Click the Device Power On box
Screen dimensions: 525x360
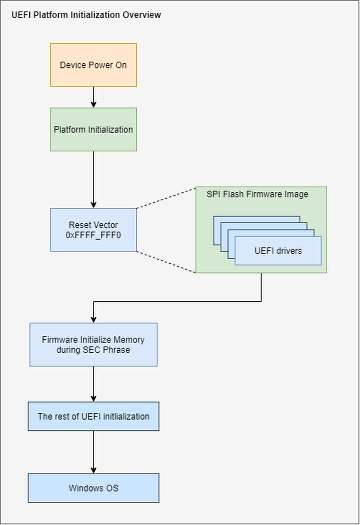93,65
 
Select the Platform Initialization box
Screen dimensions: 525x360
93,130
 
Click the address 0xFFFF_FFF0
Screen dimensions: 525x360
93,235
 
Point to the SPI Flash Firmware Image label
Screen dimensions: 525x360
257,194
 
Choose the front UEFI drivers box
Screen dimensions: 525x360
278,251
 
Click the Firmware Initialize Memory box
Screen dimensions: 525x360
93,345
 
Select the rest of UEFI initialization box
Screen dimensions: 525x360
93,417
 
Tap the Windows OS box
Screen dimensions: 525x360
93,488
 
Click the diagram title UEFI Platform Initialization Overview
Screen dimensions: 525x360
86,15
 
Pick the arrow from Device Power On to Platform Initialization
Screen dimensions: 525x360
93,97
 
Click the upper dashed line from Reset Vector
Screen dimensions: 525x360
166,197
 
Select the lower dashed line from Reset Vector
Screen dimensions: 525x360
166,262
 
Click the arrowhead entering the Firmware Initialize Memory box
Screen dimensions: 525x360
93,319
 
